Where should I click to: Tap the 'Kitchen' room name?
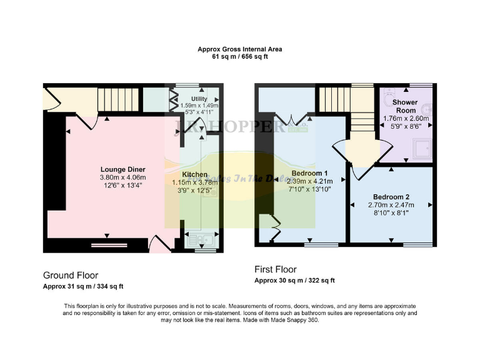click(194, 174)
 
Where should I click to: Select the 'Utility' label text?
click(198, 99)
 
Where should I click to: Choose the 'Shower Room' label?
click(405, 106)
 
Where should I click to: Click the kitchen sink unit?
click(201, 238)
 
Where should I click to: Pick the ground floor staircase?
click(117, 99)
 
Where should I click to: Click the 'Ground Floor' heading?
click(70, 275)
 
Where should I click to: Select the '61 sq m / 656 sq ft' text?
click(240, 56)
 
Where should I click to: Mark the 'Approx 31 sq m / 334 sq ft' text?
click(83, 286)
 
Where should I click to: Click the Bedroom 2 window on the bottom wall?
click(416, 244)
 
